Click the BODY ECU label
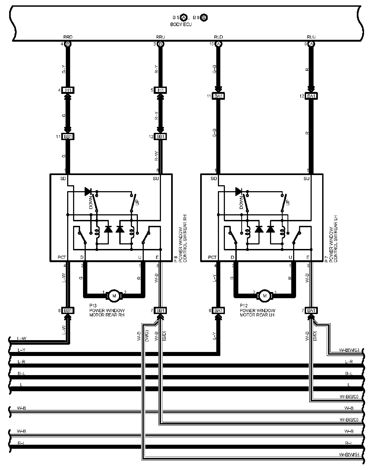tap(181, 24)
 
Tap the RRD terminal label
tap(67, 37)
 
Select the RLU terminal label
tap(311, 37)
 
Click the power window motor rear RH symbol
tap(114, 296)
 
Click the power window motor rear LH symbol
tap(265, 296)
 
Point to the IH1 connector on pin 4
tap(68, 90)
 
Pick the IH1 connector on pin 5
tap(160, 90)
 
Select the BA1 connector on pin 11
tap(218, 96)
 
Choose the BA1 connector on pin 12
tap(311, 96)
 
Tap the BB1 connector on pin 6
tap(68, 311)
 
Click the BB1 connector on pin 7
tap(160, 311)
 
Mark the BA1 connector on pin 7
tap(311, 311)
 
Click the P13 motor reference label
tap(93, 306)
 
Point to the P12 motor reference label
tap(244, 306)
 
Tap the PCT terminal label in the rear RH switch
tap(62, 257)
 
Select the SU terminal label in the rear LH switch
tap(306, 179)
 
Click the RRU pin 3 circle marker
tap(161, 44)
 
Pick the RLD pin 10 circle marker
tap(219, 44)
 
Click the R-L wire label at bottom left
tap(21, 443)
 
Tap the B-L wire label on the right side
tap(349, 373)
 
